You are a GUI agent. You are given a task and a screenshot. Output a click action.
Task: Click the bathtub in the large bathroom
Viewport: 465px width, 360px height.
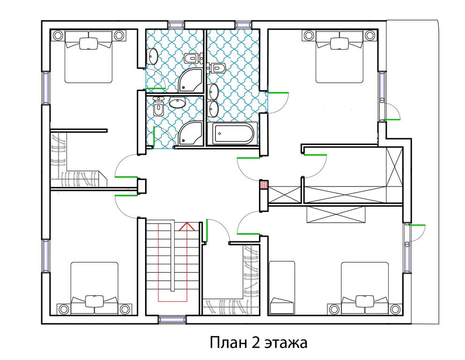[x=233, y=134]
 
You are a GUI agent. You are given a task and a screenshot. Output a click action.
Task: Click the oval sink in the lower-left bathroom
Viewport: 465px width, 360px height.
[x=177, y=103]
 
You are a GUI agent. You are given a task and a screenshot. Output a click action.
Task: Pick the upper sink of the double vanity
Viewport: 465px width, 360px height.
[x=214, y=90]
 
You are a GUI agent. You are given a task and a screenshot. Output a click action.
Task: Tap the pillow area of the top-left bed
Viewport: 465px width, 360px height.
[x=89, y=42]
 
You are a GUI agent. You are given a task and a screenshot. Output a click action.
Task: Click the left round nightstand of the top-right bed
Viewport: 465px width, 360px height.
[x=308, y=35]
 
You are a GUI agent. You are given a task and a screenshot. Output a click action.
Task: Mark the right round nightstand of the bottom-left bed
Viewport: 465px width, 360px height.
[x=124, y=309]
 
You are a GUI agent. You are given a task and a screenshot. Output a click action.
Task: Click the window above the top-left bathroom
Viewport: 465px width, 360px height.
[x=176, y=24]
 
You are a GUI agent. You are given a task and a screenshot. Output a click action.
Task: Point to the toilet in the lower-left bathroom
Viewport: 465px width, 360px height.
[x=158, y=108]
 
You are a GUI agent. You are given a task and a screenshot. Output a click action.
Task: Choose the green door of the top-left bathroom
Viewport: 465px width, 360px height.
[x=156, y=88]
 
